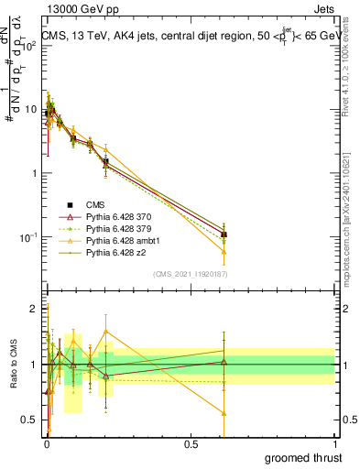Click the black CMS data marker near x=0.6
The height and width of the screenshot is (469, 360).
point(224,234)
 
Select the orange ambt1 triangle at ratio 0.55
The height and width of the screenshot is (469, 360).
point(224,413)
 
